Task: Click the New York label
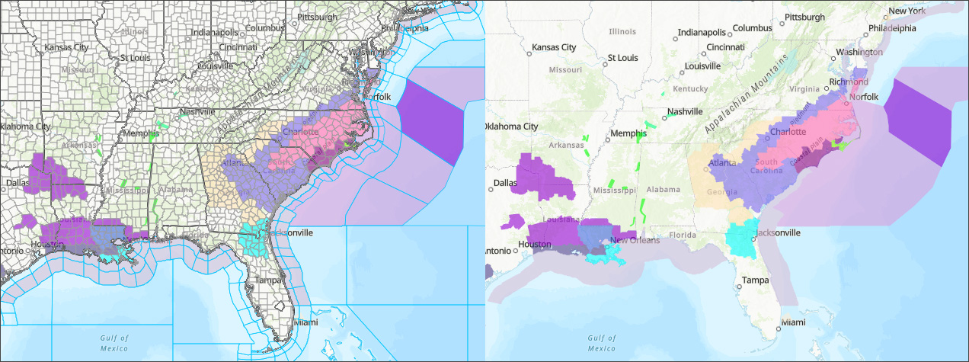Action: (907, 11)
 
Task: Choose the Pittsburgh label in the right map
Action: (804, 17)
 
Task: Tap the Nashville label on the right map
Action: (684, 111)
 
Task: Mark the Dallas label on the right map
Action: (504, 183)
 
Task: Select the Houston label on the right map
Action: (534, 245)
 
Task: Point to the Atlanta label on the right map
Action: (722, 162)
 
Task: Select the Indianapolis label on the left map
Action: (213, 33)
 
